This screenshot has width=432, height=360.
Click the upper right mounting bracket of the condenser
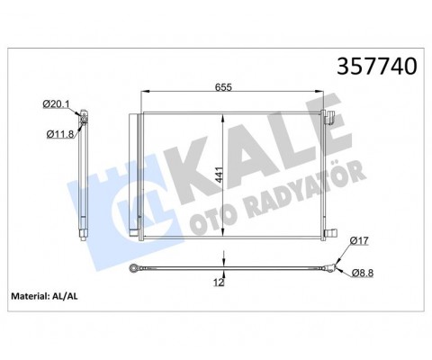click(x=330, y=115)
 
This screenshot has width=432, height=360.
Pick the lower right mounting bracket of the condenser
click(x=330, y=236)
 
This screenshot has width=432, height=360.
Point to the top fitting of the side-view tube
click(x=83, y=118)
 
